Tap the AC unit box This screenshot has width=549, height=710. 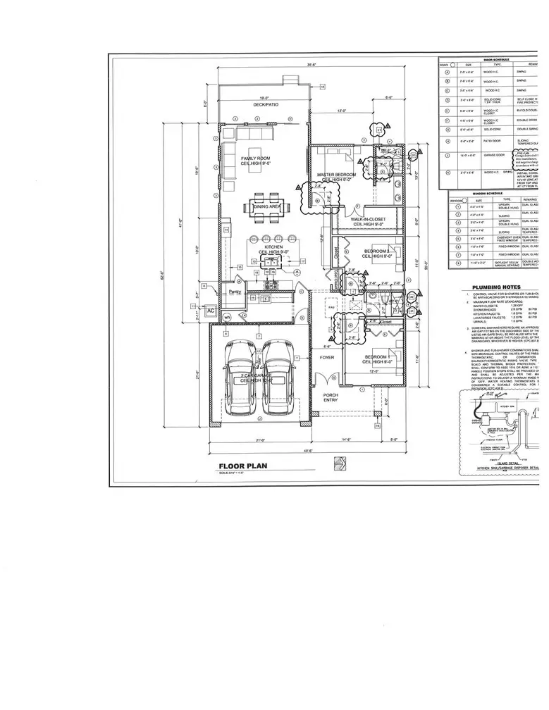pos(210,310)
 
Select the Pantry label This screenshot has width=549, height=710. pos(235,292)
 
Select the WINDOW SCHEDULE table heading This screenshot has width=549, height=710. pos(486,192)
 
